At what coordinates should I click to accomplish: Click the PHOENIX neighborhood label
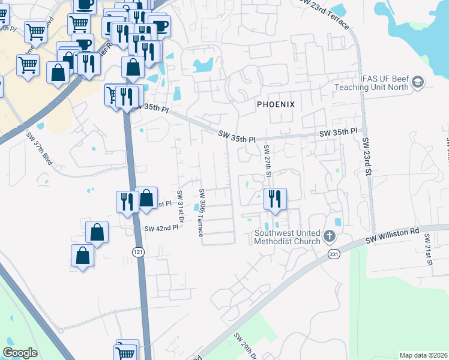point(276,104)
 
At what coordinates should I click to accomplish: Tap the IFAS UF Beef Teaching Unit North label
point(372,82)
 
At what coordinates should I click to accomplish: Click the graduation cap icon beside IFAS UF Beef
point(418,82)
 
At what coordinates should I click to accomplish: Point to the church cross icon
point(330,236)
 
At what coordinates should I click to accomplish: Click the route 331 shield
point(334,255)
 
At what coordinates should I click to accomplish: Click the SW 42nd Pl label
point(161,228)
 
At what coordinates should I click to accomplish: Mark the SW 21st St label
point(429,249)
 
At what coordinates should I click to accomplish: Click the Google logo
point(20,353)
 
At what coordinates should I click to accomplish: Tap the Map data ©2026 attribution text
point(424,355)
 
